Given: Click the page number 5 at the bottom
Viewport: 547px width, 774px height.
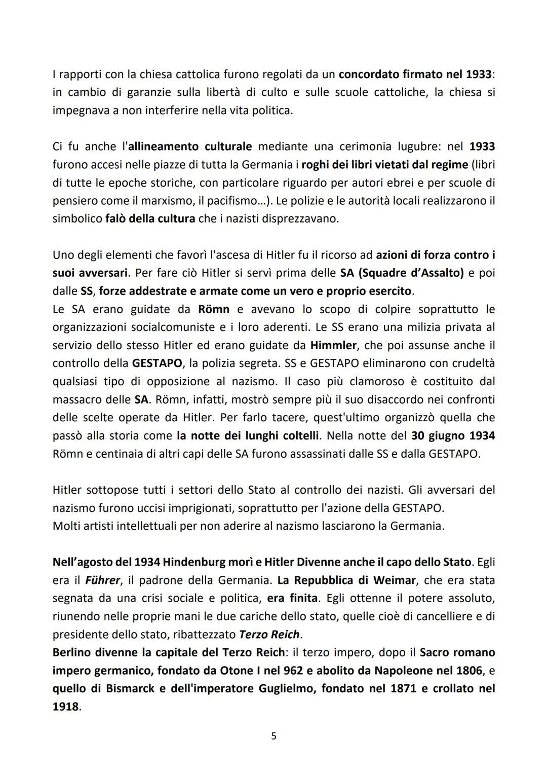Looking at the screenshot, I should (273, 736).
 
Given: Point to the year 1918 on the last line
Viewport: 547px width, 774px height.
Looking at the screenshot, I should (65, 707).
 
